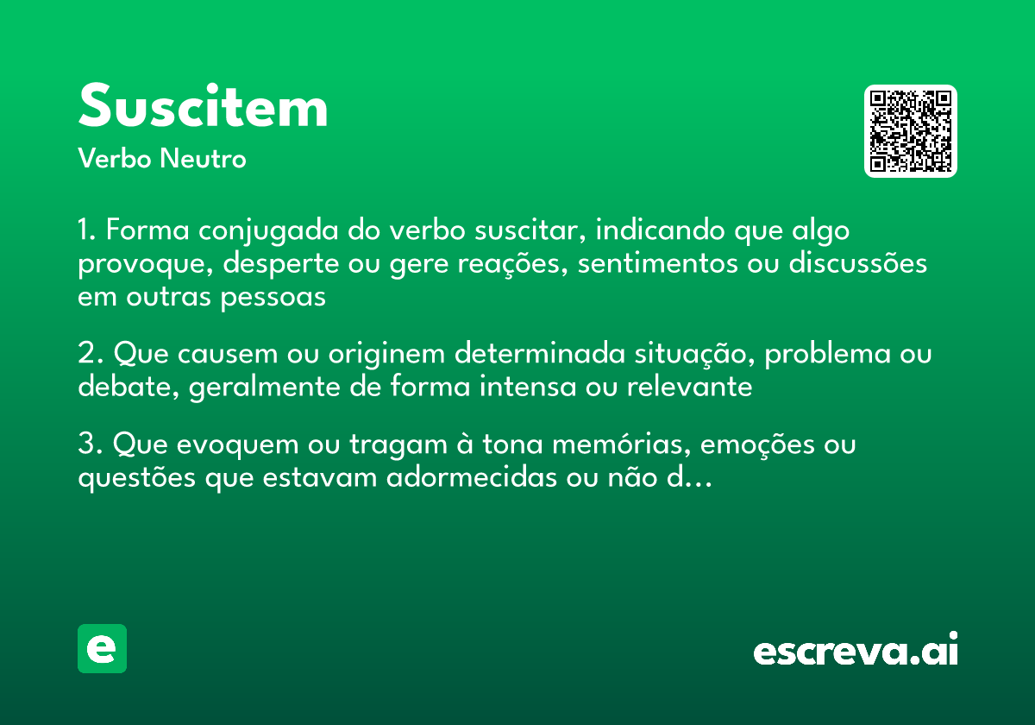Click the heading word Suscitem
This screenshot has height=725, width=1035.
point(204,108)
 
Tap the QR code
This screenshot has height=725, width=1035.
point(910,131)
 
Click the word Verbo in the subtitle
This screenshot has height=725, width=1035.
point(114,159)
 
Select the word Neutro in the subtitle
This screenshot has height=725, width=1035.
point(202,159)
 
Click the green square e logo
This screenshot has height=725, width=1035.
point(102,648)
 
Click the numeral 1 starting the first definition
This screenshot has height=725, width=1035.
point(85,231)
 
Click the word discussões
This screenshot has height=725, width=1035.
point(857,263)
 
